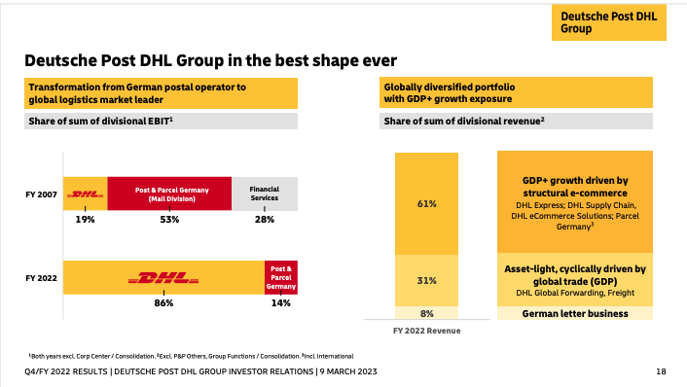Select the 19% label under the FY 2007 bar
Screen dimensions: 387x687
(85, 219)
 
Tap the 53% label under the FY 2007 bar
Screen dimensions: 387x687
(168, 219)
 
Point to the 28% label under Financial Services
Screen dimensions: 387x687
(264, 219)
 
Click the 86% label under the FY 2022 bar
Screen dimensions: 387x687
(163, 303)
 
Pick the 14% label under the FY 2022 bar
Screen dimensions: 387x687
(280, 303)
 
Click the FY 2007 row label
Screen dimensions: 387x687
(41, 193)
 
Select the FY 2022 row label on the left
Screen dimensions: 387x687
(41, 277)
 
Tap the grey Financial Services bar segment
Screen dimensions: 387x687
(264, 193)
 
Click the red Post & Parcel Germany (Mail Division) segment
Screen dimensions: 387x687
(168, 193)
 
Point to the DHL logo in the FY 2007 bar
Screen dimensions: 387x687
(86, 193)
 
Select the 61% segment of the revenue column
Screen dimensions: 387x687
(427, 203)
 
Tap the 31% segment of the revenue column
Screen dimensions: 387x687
(427, 280)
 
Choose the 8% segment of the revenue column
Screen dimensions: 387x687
(427, 313)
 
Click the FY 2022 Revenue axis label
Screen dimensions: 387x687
(427, 331)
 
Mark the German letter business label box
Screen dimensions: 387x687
(575, 313)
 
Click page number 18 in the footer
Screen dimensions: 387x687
(662, 372)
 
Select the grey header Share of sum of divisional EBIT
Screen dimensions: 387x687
(161, 122)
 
